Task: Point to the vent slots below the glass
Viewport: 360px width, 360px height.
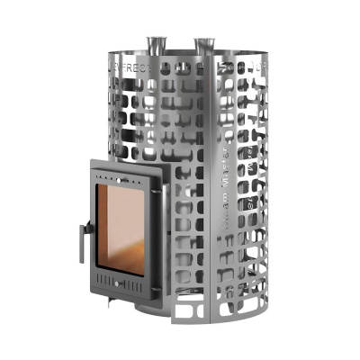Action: [121, 282]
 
